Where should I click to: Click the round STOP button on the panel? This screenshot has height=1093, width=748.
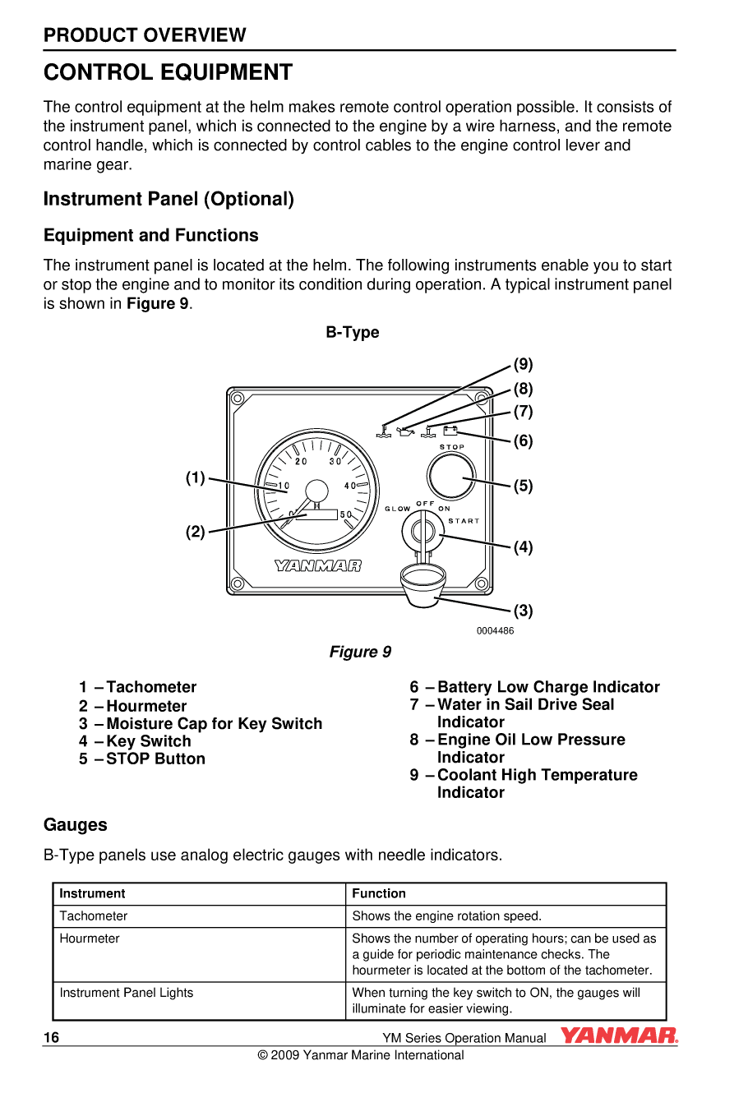tap(451, 477)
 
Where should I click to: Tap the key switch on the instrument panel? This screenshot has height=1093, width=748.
tap(423, 533)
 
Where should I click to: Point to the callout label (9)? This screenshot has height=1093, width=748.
tap(524, 364)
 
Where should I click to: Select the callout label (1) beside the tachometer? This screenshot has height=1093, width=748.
tap(195, 477)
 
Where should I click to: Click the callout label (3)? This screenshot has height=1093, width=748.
tap(524, 611)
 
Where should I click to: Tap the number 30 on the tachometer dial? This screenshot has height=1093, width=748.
tap(335, 461)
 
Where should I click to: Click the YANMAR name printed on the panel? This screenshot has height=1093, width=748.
tap(317, 565)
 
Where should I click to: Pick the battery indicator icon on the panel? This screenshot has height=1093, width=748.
tap(450, 430)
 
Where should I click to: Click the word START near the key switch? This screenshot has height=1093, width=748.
tap(464, 520)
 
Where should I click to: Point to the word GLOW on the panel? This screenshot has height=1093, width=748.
tap(398, 509)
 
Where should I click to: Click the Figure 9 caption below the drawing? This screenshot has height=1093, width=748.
tap(360, 652)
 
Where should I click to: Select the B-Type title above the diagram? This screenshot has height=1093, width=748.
tap(353, 332)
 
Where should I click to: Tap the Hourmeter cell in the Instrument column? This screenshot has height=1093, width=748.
tap(90, 939)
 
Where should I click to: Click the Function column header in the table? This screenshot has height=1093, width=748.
tap(379, 893)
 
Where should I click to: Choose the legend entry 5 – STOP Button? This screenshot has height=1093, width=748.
tap(142, 759)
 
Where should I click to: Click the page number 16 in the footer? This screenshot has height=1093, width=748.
tap(51, 1037)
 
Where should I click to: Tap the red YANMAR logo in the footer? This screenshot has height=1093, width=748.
tap(619, 1035)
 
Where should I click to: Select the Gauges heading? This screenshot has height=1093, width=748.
tap(76, 824)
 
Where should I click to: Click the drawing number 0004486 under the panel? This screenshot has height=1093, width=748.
tap(495, 630)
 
